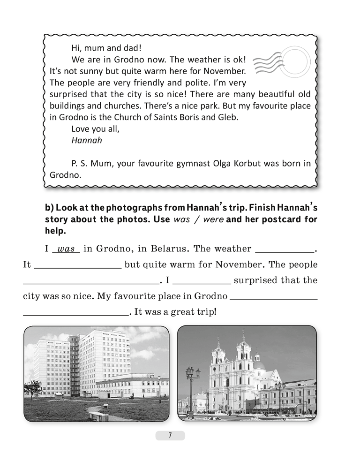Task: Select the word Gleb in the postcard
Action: pyautogui.click(x=229, y=117)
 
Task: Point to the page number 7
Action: pyautogui.click(x=170, y=436)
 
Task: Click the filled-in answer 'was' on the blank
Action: pyautogui.click(x=66, y=249)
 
